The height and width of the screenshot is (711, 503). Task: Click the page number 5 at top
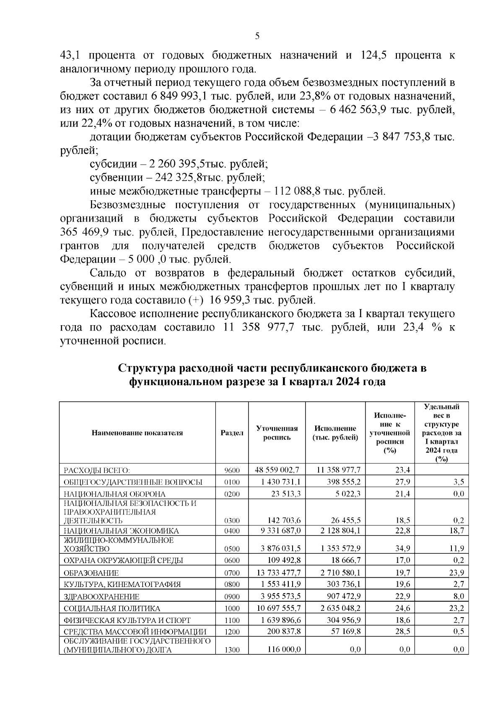tap(257, 36)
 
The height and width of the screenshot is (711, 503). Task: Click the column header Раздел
tap(232, 433)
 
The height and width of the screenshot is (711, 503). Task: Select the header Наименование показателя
tap(137, 433)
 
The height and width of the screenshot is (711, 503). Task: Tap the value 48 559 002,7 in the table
tap(277, 470)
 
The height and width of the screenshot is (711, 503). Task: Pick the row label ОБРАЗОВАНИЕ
tap(91, 573)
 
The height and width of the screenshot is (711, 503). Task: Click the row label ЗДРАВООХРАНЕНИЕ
tap(101, 597)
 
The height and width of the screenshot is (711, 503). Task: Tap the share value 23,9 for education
tap(456, 573)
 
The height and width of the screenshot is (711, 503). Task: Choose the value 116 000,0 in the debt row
tap(284, 649)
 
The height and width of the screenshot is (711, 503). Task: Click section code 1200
tap(232, 632)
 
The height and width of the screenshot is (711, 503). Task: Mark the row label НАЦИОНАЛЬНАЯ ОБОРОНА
tap(114, 494)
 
